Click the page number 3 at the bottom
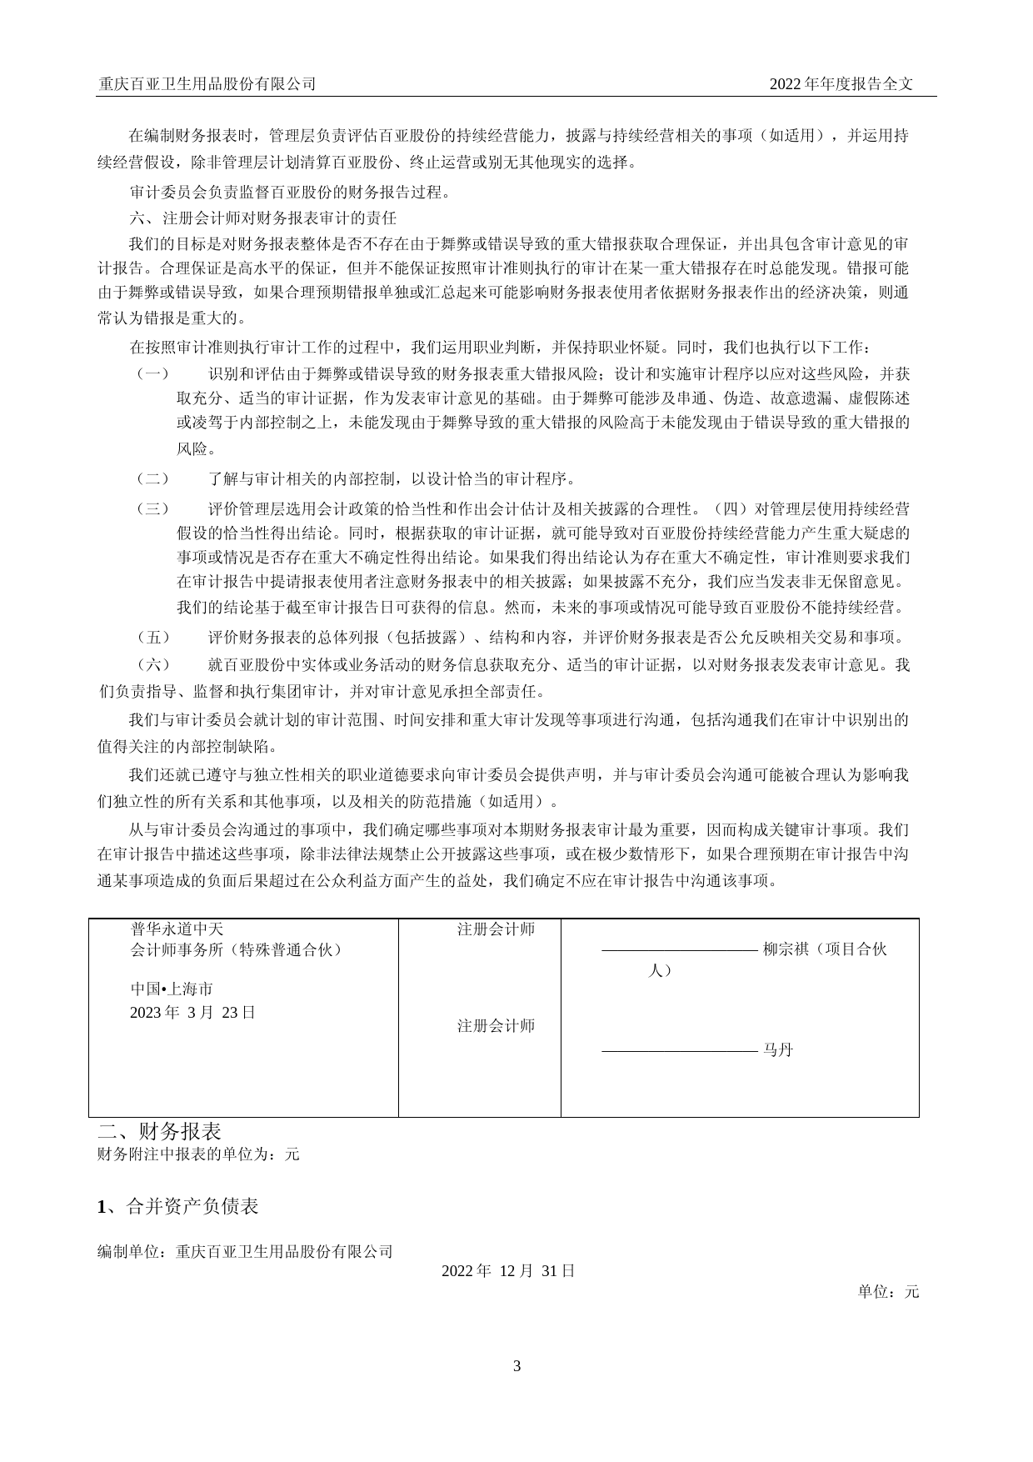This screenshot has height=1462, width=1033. [516, 1366]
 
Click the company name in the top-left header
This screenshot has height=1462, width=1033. [207, 83]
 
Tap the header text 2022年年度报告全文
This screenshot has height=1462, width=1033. [841, 83]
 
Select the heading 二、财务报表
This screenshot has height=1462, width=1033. [160, 1131]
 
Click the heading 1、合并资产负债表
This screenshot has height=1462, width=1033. [178, 1206]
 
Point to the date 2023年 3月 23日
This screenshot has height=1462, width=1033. [192, 1013]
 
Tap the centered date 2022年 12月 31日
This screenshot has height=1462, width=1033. [508, 1271]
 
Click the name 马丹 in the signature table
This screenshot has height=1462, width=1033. [778, 1050]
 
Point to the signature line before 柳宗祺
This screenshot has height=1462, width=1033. [679, 950]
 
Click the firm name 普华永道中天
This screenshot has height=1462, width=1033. [177, 929]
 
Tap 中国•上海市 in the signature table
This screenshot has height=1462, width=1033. [172, 989]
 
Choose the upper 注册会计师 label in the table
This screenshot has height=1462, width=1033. [496, 929]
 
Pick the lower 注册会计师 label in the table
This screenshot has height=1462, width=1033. [496, 1026]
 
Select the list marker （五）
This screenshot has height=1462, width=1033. [152, 638]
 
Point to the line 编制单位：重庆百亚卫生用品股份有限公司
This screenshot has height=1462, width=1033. [245, 1252]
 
